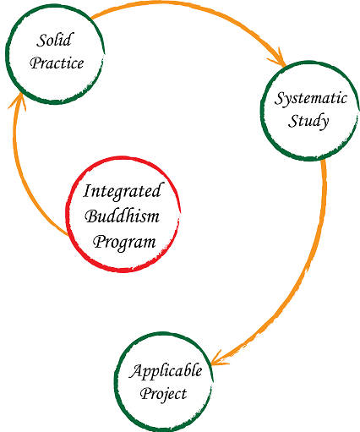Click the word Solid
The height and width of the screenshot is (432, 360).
coord(55,40)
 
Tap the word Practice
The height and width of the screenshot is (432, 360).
coord(57,63)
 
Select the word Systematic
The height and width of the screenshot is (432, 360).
coord(310,99)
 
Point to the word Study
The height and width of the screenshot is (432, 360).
coord(308,121)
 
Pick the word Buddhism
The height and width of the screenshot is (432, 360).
coord(122,216)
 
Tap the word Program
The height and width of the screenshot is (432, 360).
coord(124,243)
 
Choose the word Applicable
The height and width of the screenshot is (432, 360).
coord(166,371)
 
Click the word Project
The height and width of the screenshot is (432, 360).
coord(163,394)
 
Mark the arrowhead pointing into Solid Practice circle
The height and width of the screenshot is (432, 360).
coord(19,101)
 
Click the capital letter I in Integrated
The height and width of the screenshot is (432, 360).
coord(87,191)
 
